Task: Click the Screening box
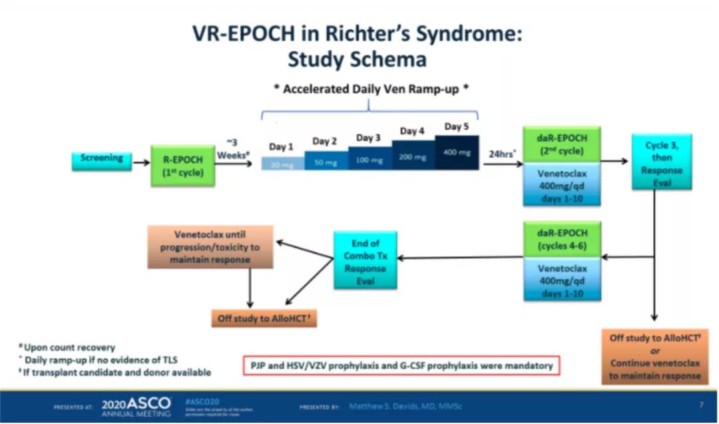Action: click(x=102, y=159)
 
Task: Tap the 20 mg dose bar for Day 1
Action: click(x=283, y=164)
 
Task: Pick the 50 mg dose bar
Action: click(x=326, y=161)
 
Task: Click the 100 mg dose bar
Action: click(x=369, y=158)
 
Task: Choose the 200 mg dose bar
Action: click(x=413, y=156)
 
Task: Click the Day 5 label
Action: click(x=457, y=127)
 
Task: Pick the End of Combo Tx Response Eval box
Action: click(x=365, y=260)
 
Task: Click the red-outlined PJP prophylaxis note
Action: click(x=401, y=366)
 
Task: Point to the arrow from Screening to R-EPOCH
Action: click(x=140, y=161)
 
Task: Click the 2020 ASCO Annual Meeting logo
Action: click(x=136, y=405)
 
